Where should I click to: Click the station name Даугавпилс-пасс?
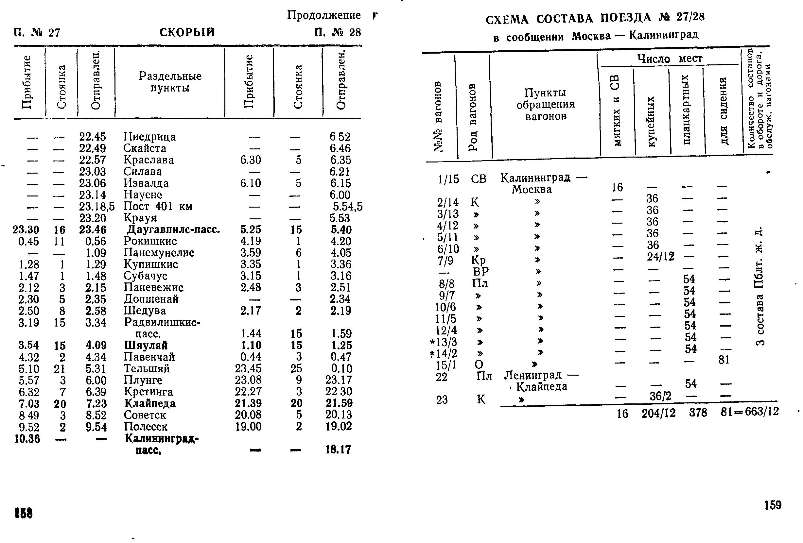click(173, 229)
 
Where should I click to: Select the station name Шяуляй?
click(146, 345)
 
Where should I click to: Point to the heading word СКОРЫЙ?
click(187, 32)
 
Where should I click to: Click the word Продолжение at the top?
click(324, 15)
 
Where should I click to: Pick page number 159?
click(773, 505)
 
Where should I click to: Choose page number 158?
click(24, 513)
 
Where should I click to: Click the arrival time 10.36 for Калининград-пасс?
click(27, 439)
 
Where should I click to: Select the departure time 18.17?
click(338, 450)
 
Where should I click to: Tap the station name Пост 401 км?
click(158, 206)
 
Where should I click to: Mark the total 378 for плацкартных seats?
click(698, 413)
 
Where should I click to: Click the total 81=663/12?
click(749, 411)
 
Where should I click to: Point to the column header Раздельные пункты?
click(170, 81)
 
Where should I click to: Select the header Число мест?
click(670, 59)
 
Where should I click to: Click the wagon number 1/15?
click(448, 179)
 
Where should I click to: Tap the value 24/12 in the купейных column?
click(661, 256)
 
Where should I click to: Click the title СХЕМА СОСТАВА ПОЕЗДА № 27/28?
click(595, 18)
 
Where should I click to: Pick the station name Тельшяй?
click(147, 368)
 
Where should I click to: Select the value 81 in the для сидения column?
click(724, 360)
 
